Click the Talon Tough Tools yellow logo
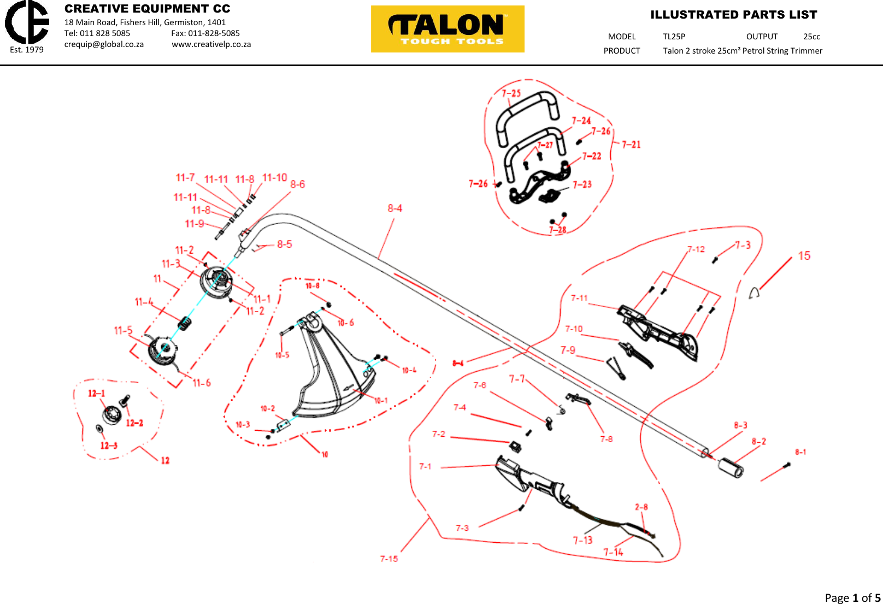(448, 29)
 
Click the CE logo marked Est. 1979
(27, 23)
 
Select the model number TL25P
(674, 37)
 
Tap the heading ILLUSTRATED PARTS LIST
(733, 15)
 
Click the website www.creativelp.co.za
(211, 44)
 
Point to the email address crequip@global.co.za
(104, 44)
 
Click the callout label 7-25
(511, 93)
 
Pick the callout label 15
(804, 256)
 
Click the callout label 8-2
(758, 442)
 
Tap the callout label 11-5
(123, 331)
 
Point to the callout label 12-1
(97, 394)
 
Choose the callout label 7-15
(389, 559)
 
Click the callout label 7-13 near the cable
(582, 540)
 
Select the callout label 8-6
(298, 184)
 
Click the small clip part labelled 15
(754, 294)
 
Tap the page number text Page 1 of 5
(852, 597)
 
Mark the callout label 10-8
(313, 286)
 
